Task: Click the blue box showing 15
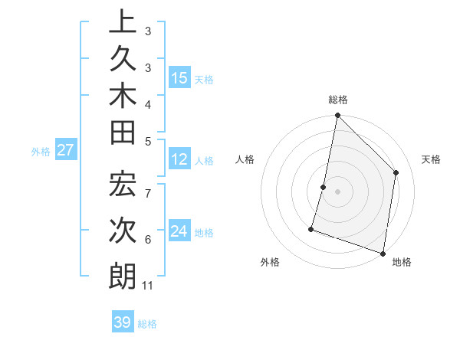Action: [x=179, y=77]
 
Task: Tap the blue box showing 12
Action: [x=179, y=159]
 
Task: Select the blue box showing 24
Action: [x=179, y=231]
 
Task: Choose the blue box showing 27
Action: [x=65, y=150]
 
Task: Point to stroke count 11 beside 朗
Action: [x=148, y=286]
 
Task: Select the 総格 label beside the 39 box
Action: [x=147, y=324]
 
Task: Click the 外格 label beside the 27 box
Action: [x=41, y=151]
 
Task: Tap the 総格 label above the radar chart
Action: [x=338, y=100]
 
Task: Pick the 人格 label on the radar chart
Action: [x=245, y=159]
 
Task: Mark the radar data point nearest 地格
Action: [x=383, y=252]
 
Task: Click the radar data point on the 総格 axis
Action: [x=337, y=116]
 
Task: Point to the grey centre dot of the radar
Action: [x=337, y=191]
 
